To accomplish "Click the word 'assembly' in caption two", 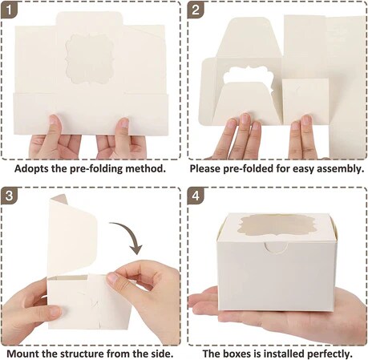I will tap(338, 168).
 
